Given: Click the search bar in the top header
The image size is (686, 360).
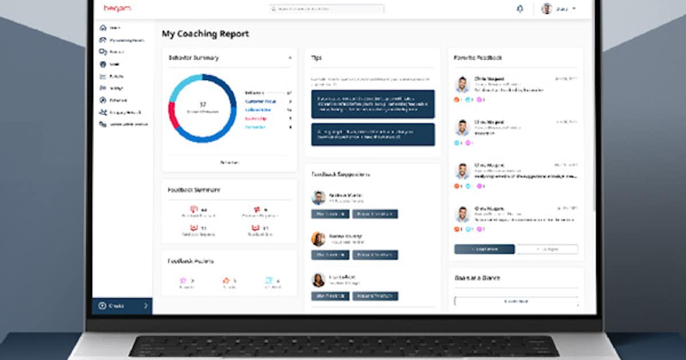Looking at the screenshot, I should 326,9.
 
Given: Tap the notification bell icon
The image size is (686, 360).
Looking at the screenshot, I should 520,9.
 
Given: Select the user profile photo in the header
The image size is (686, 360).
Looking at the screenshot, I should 547,9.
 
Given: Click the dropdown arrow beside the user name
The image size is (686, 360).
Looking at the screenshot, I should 573,9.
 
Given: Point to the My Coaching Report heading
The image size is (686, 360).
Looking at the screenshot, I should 205,34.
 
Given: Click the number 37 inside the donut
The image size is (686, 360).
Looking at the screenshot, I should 202,104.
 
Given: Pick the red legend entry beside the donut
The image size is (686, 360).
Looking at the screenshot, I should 255,118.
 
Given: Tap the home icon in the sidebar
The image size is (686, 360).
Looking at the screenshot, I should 103,27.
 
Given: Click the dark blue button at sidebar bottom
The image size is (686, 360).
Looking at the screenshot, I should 122,306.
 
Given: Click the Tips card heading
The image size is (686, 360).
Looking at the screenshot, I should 316,58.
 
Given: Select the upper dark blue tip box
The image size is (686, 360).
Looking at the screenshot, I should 373,104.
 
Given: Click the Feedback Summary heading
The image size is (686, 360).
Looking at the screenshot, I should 194,190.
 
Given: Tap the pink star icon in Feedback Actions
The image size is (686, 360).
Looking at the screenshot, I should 184,281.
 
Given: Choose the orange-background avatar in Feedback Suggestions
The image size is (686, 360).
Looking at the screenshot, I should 318,239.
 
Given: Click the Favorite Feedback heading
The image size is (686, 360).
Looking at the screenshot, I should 478,58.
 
